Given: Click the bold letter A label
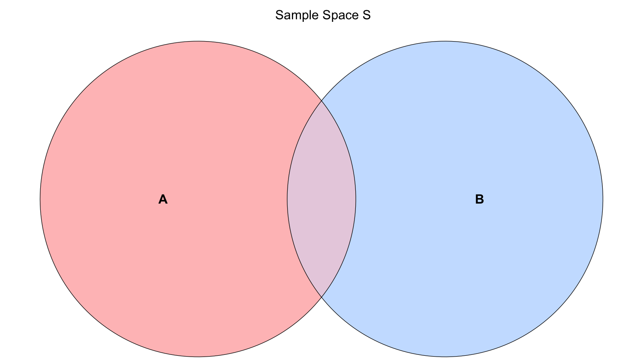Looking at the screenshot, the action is coord(163,199).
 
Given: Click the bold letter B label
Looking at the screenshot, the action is coord(479,199).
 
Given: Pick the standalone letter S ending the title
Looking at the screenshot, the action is coord(366,15).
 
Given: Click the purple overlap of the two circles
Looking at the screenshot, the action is coord(321,199).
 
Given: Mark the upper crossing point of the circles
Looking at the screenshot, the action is coord(321,101).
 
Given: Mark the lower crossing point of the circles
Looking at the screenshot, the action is coord(321,297).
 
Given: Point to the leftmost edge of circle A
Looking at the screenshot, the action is coord(40,199).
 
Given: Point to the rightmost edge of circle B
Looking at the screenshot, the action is coord(603,199).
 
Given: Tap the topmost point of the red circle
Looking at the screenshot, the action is coord(198,41).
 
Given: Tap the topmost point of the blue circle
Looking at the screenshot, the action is coord(445,41).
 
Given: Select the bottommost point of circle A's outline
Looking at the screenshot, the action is coord(198,357).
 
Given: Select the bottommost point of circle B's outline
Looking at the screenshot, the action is coord(445,357).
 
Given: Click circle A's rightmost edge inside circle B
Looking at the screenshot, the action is coord(356,199).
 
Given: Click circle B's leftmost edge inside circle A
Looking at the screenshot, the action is coord(287,199).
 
